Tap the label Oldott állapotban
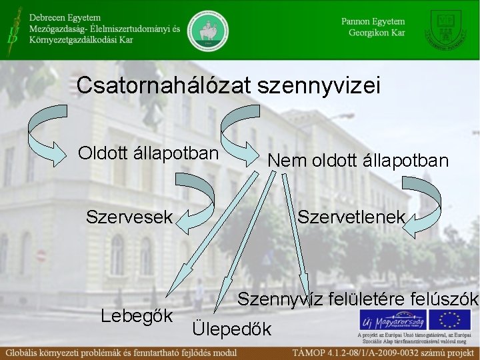click(148, 153)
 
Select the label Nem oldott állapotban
click(358, 161)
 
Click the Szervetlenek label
click(351, 217)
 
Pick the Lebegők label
click(137, 315)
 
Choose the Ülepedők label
click(231, 328)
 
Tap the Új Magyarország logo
click(394, 318)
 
